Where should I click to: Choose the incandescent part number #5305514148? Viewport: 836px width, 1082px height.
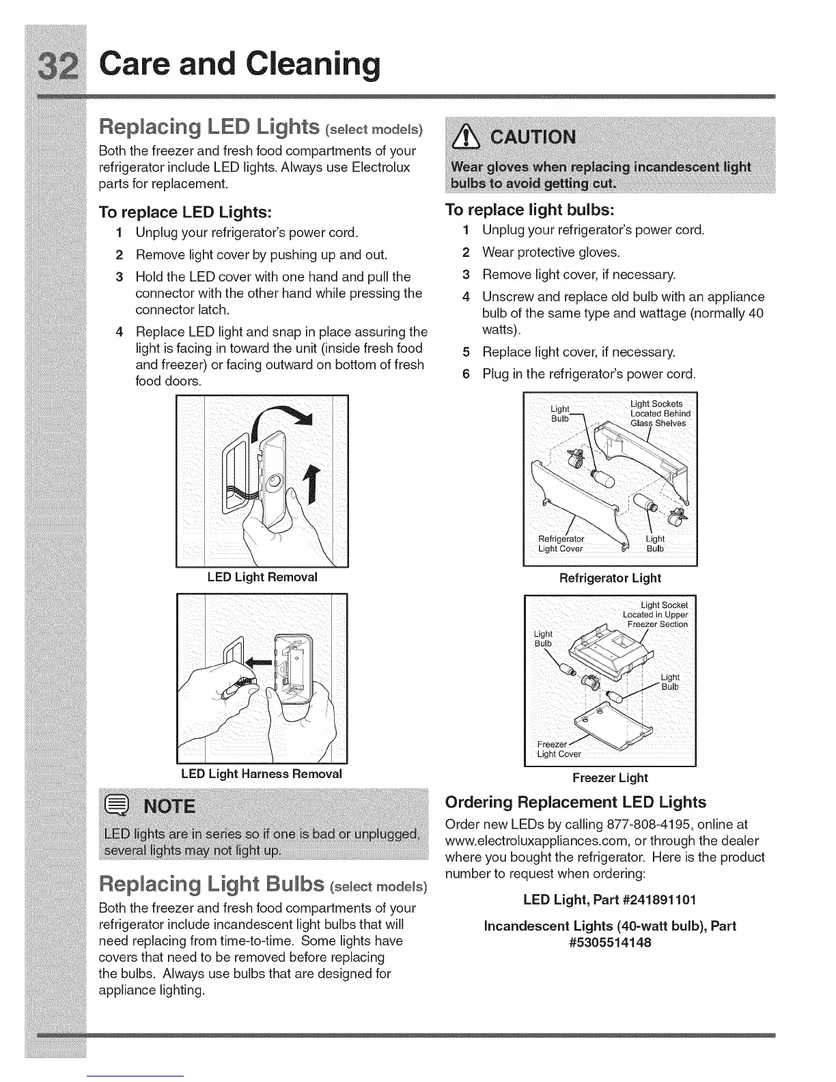(610, 943)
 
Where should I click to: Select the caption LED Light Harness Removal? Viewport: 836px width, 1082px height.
(262, 774)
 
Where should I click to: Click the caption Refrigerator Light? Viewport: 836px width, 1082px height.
(610, 579)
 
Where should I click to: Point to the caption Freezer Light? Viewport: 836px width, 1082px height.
(610, 777)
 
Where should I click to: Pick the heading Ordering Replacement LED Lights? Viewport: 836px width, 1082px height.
(575, 802)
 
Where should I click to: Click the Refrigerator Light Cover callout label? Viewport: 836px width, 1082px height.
(561, 544)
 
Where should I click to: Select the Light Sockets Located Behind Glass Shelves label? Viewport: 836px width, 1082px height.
(659, 413)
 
